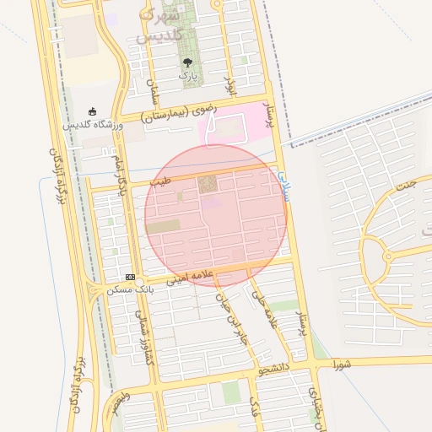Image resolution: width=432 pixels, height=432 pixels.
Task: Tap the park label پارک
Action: (x=187, y=76)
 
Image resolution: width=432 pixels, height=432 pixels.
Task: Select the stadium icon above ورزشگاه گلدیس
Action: (x=92, y=111)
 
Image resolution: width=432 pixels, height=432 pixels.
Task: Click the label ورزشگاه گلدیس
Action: (x=93, y=125)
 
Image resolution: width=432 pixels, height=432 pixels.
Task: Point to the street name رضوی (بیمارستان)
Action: (x=179, y=112)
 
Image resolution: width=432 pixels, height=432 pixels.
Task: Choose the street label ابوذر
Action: (x=229, y=85)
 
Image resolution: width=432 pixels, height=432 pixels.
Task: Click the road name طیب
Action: (x=159, y=181)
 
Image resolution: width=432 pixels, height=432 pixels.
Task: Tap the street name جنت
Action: (x=406, y=186)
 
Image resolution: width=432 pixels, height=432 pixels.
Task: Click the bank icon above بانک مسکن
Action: (x=130, y=277)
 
